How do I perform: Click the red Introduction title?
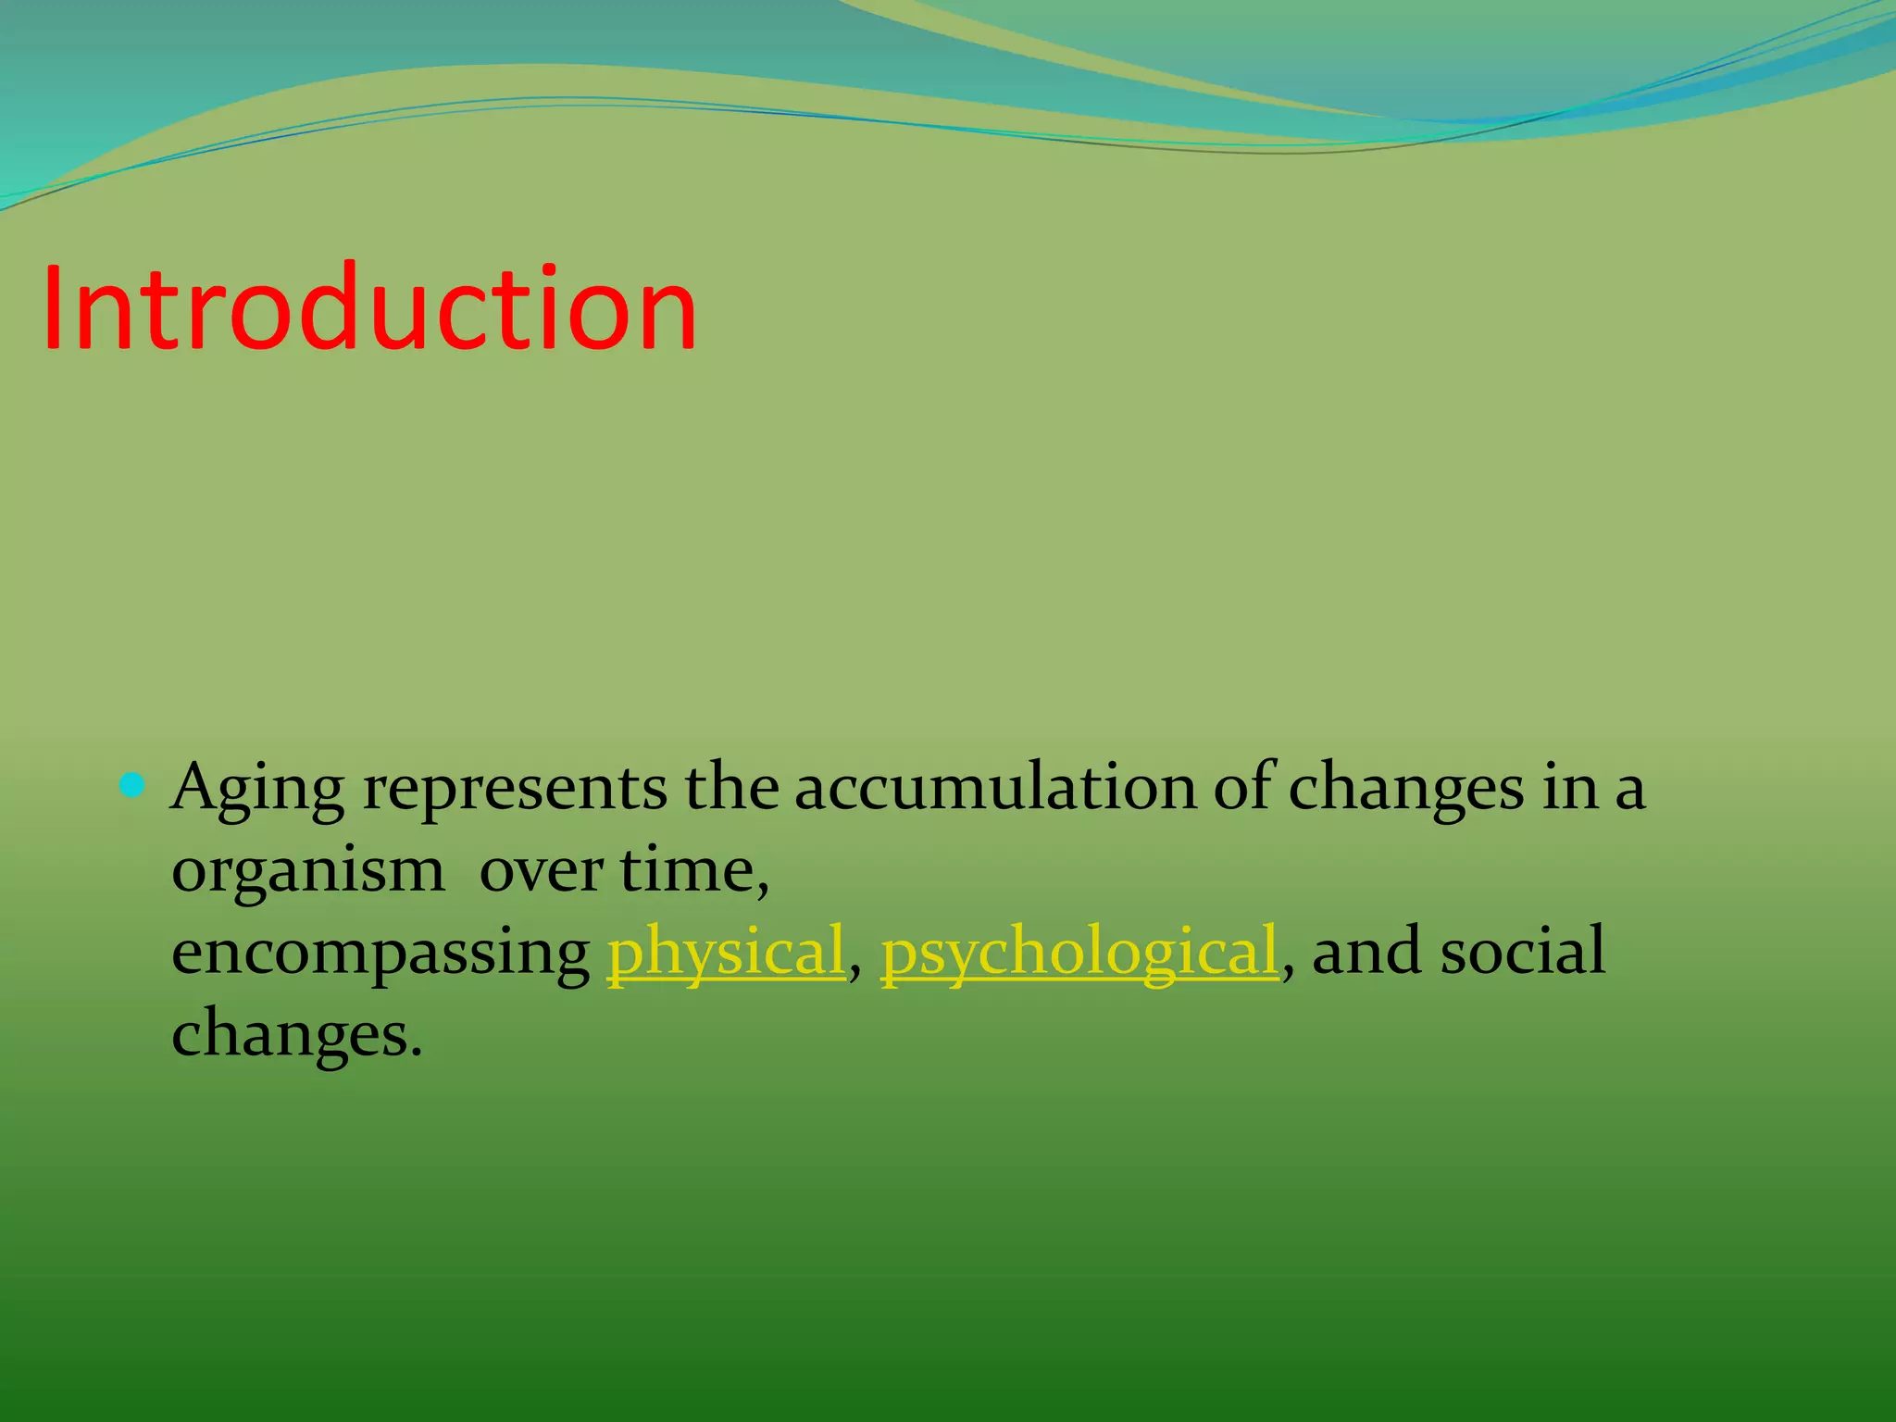pos(368,308)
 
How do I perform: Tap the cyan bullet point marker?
pos(133,787)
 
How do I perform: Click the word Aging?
pos(257,789)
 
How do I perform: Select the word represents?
pos(515,789)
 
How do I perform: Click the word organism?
pos(307,872)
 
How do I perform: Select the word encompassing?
pos(380,954)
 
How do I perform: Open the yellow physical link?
pos(726,952)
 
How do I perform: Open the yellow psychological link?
pos(1079,952)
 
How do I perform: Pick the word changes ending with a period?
pos(296,1035)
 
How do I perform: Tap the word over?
pos(541,872)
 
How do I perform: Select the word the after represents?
pos(730,789)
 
